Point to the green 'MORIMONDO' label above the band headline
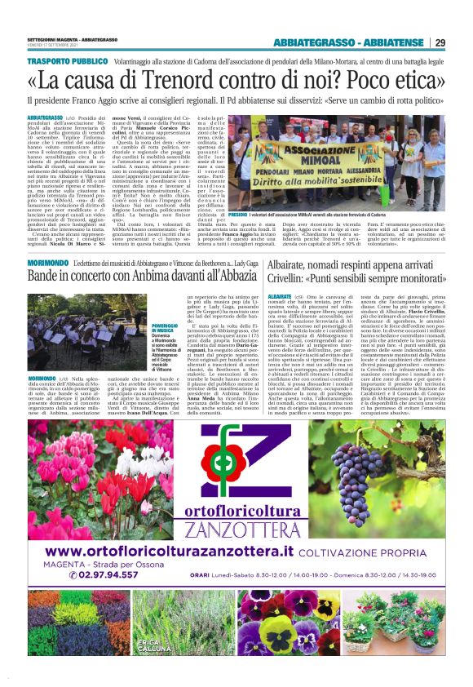click(46, 240)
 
